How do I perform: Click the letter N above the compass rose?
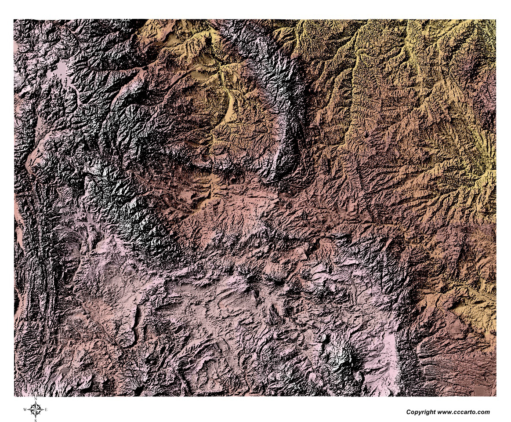(x=35, y=399)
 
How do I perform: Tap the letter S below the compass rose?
(x=35, y=420)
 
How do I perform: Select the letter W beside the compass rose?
(x=25, y=410)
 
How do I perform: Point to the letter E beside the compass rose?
(x=46, y=410)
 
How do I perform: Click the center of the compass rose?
(x=36, y=410)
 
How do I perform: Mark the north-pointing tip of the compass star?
(x=36, y=402)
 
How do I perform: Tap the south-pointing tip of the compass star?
(x=36, y=418)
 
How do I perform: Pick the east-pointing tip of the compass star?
(x=43, y=410)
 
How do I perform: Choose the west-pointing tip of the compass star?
(x=28, y=410)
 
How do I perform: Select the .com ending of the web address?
(x=482, y=412)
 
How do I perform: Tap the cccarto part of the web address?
(x=463, y=412)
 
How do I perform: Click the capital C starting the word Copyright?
(x=409, y=412)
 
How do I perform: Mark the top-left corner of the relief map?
(x=14, y=19)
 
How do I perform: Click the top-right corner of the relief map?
(x=496, y=19)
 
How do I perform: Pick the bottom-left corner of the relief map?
(x=14, y=396)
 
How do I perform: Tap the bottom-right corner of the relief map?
(x=496, y=396)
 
